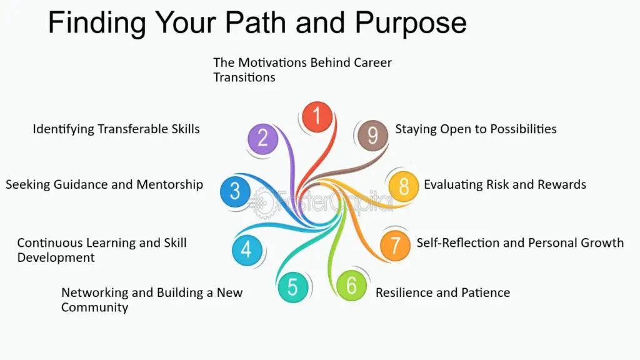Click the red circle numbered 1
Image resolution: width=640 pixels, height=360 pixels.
pos(317,117)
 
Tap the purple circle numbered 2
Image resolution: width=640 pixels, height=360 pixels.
pos(263,139)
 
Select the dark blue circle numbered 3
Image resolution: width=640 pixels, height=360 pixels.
pos(235,191)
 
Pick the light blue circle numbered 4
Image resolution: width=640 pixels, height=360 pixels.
pos(247,250)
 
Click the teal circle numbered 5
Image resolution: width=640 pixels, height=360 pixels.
pos(292,287)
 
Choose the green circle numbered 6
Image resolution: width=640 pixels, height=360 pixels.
pos(351,285)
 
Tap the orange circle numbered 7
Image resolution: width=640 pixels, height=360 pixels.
pos(395,246)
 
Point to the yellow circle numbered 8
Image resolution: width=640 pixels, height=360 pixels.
pos(404,186)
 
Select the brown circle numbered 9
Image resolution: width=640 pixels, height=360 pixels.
pos(372,136)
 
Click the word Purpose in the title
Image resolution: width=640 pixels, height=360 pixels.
pos(411,22)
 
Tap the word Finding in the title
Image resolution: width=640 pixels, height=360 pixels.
pos(97,23)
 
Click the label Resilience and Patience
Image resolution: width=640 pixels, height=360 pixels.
pos(443,292)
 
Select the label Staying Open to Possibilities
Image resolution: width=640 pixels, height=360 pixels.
pos(476,129)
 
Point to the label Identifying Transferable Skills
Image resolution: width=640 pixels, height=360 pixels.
pos(116,129)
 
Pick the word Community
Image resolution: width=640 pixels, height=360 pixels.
pos(95,307)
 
